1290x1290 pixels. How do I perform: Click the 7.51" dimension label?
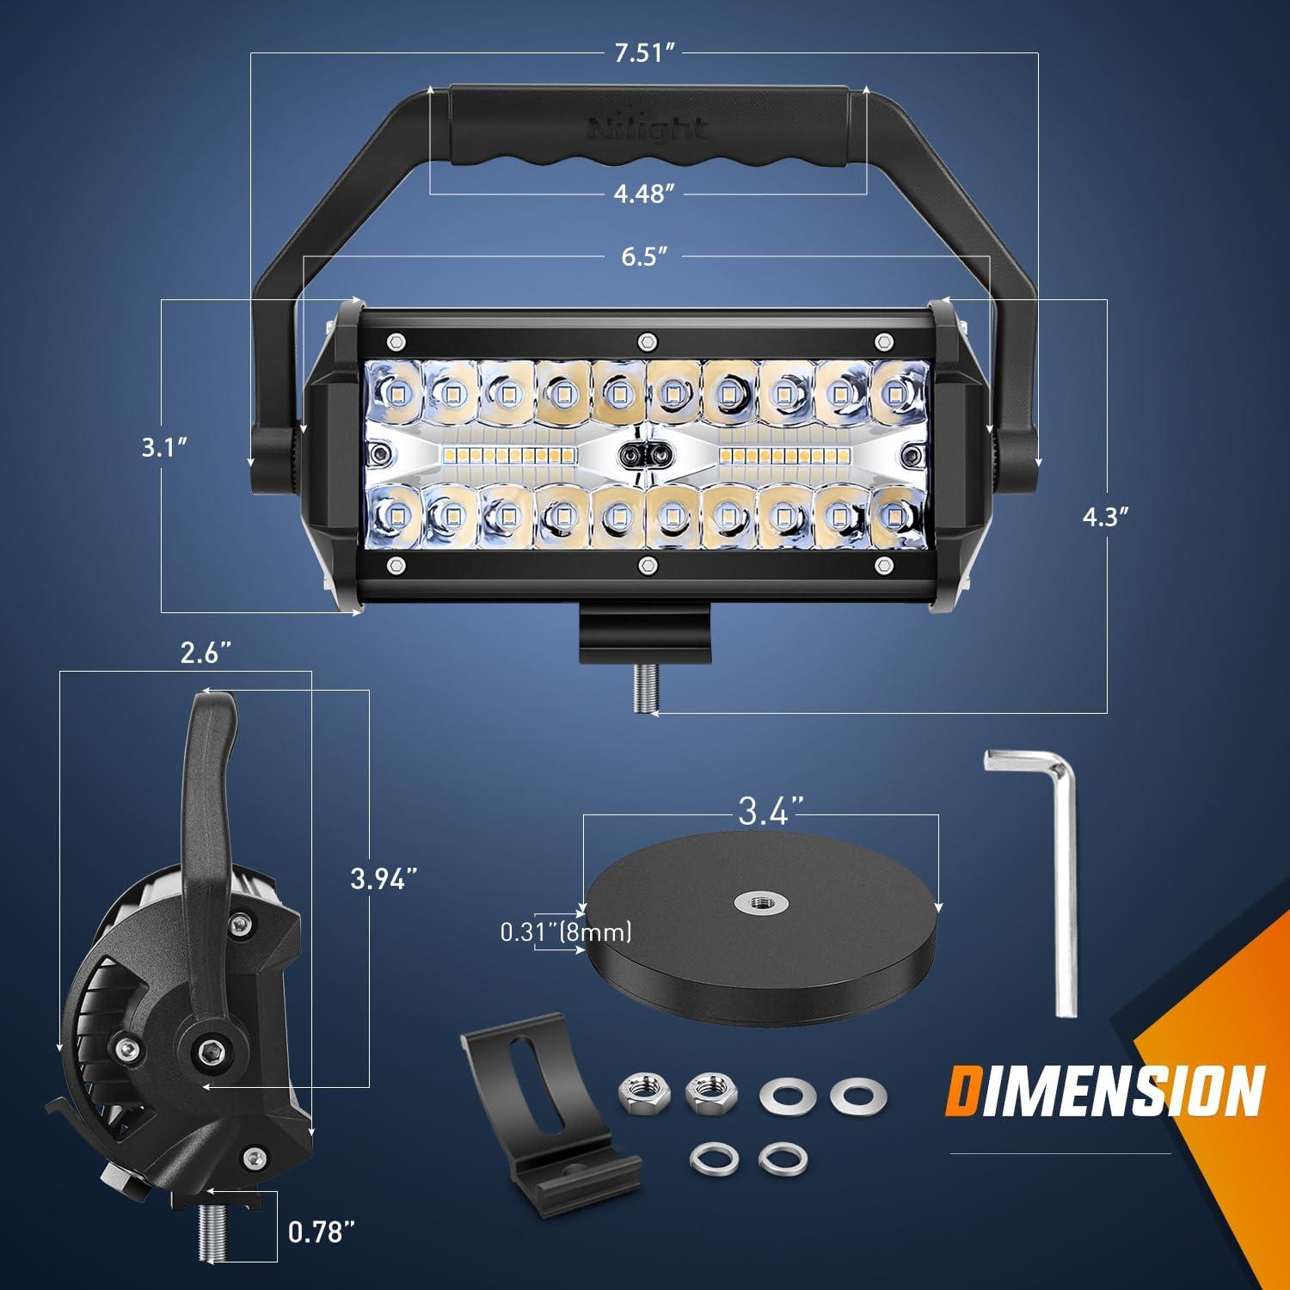(x=642, y=53)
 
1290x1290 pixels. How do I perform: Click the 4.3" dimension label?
(x=1104, y=516)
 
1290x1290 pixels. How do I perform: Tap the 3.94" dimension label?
(x=384, y=879)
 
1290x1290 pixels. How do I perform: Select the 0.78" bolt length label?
(x=322, y=1233)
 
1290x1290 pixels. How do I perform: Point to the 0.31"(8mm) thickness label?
(x=567, y=931)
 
